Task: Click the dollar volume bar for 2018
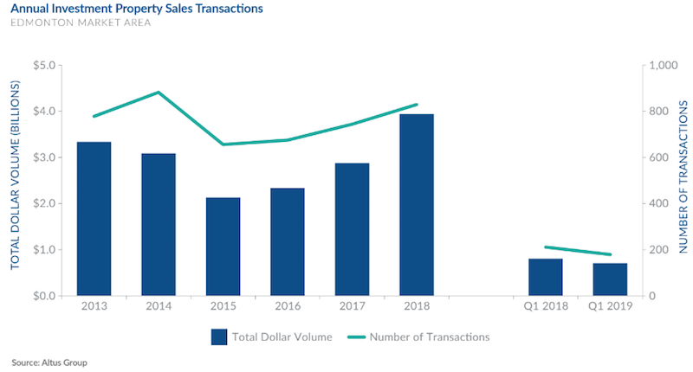click(x=416, y=205)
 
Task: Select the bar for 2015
click(x=223, y=247)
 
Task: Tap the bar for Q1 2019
click(x=610, y=279)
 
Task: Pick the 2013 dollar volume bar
click(x=94, y=219)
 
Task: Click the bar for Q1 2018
click(x=546, y=277)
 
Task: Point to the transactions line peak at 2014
click(x=159, y=93)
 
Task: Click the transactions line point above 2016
click(x=288, y=139)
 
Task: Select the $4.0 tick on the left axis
click(x=45, y=112)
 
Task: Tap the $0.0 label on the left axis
click(x=45, y=296)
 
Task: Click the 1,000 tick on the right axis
click(x=662, y=66)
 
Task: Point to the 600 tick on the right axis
click(x=658, y=157)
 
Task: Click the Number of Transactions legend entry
click(x=430, y=337)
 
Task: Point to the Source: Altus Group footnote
click(x=49, y=362)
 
